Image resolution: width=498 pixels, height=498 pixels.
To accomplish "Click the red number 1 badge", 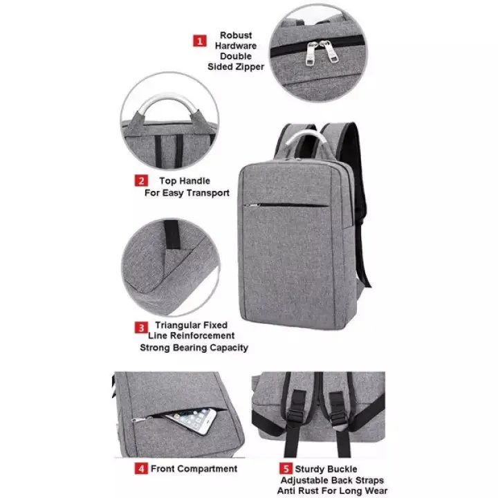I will [199, 41].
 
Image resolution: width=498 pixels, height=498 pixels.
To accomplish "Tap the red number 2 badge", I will [141, 181].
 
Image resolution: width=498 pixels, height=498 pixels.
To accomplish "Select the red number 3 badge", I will [140, 327].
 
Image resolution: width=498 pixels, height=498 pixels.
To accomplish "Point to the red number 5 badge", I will [286, 468].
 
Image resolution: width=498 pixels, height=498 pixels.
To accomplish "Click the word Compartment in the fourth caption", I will [206, 468].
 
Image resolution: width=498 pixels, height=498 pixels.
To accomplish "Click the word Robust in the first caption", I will [236, 35].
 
